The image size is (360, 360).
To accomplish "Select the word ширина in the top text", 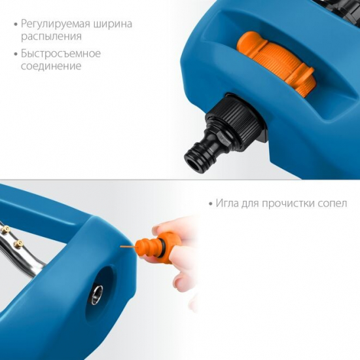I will tap(111, 24).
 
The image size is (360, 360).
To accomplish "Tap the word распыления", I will tap(52, 38).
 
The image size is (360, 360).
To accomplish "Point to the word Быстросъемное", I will tap(60, 53).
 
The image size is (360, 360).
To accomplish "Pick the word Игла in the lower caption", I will tap(229, 204).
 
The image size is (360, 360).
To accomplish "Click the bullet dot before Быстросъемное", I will tap(14, 53).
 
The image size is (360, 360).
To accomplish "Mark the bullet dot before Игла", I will tap(210, 204).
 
